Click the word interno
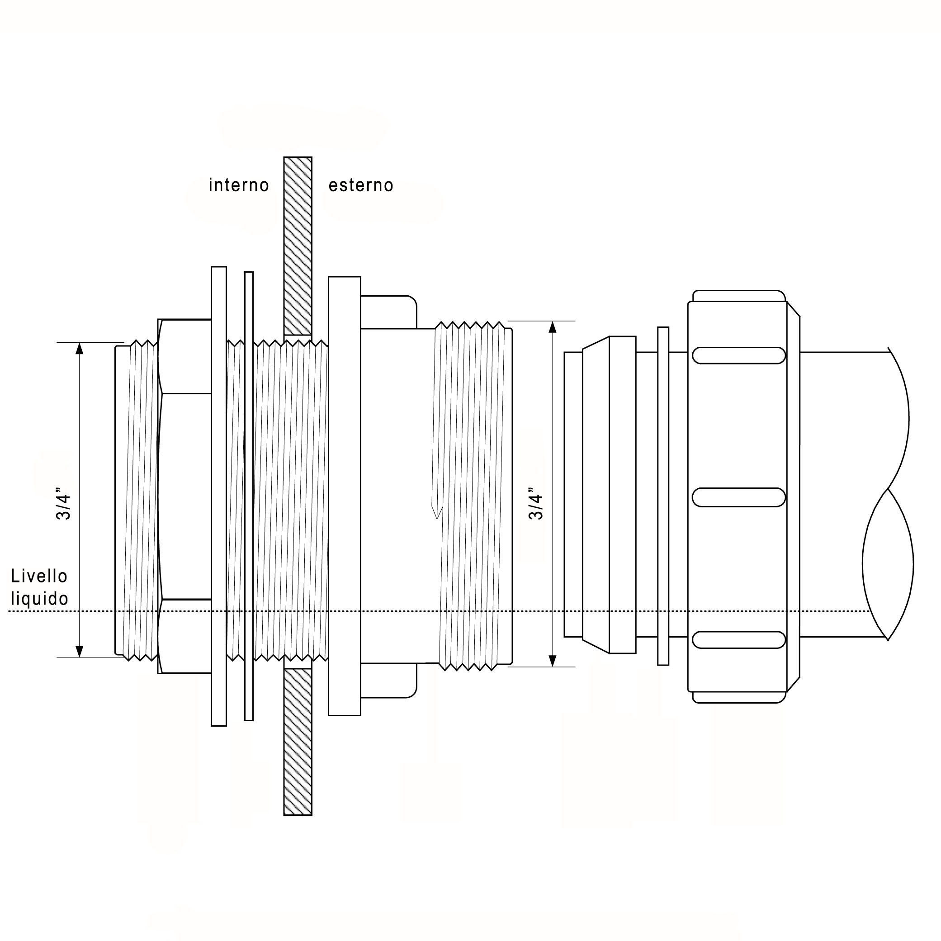239,185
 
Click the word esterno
361,185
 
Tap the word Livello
39,576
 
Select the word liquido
39,599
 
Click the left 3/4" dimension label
63,503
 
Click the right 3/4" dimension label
536,503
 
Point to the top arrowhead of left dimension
80,348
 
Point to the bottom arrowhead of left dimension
80,652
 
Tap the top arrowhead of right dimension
552,326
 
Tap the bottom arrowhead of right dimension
552,661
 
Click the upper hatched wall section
298,246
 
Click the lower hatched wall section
298,741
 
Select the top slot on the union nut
738,355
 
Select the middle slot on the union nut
738,497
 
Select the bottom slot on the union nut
738,640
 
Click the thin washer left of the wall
249,496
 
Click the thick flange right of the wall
345,496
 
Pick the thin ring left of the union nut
663,496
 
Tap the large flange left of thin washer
219,496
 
